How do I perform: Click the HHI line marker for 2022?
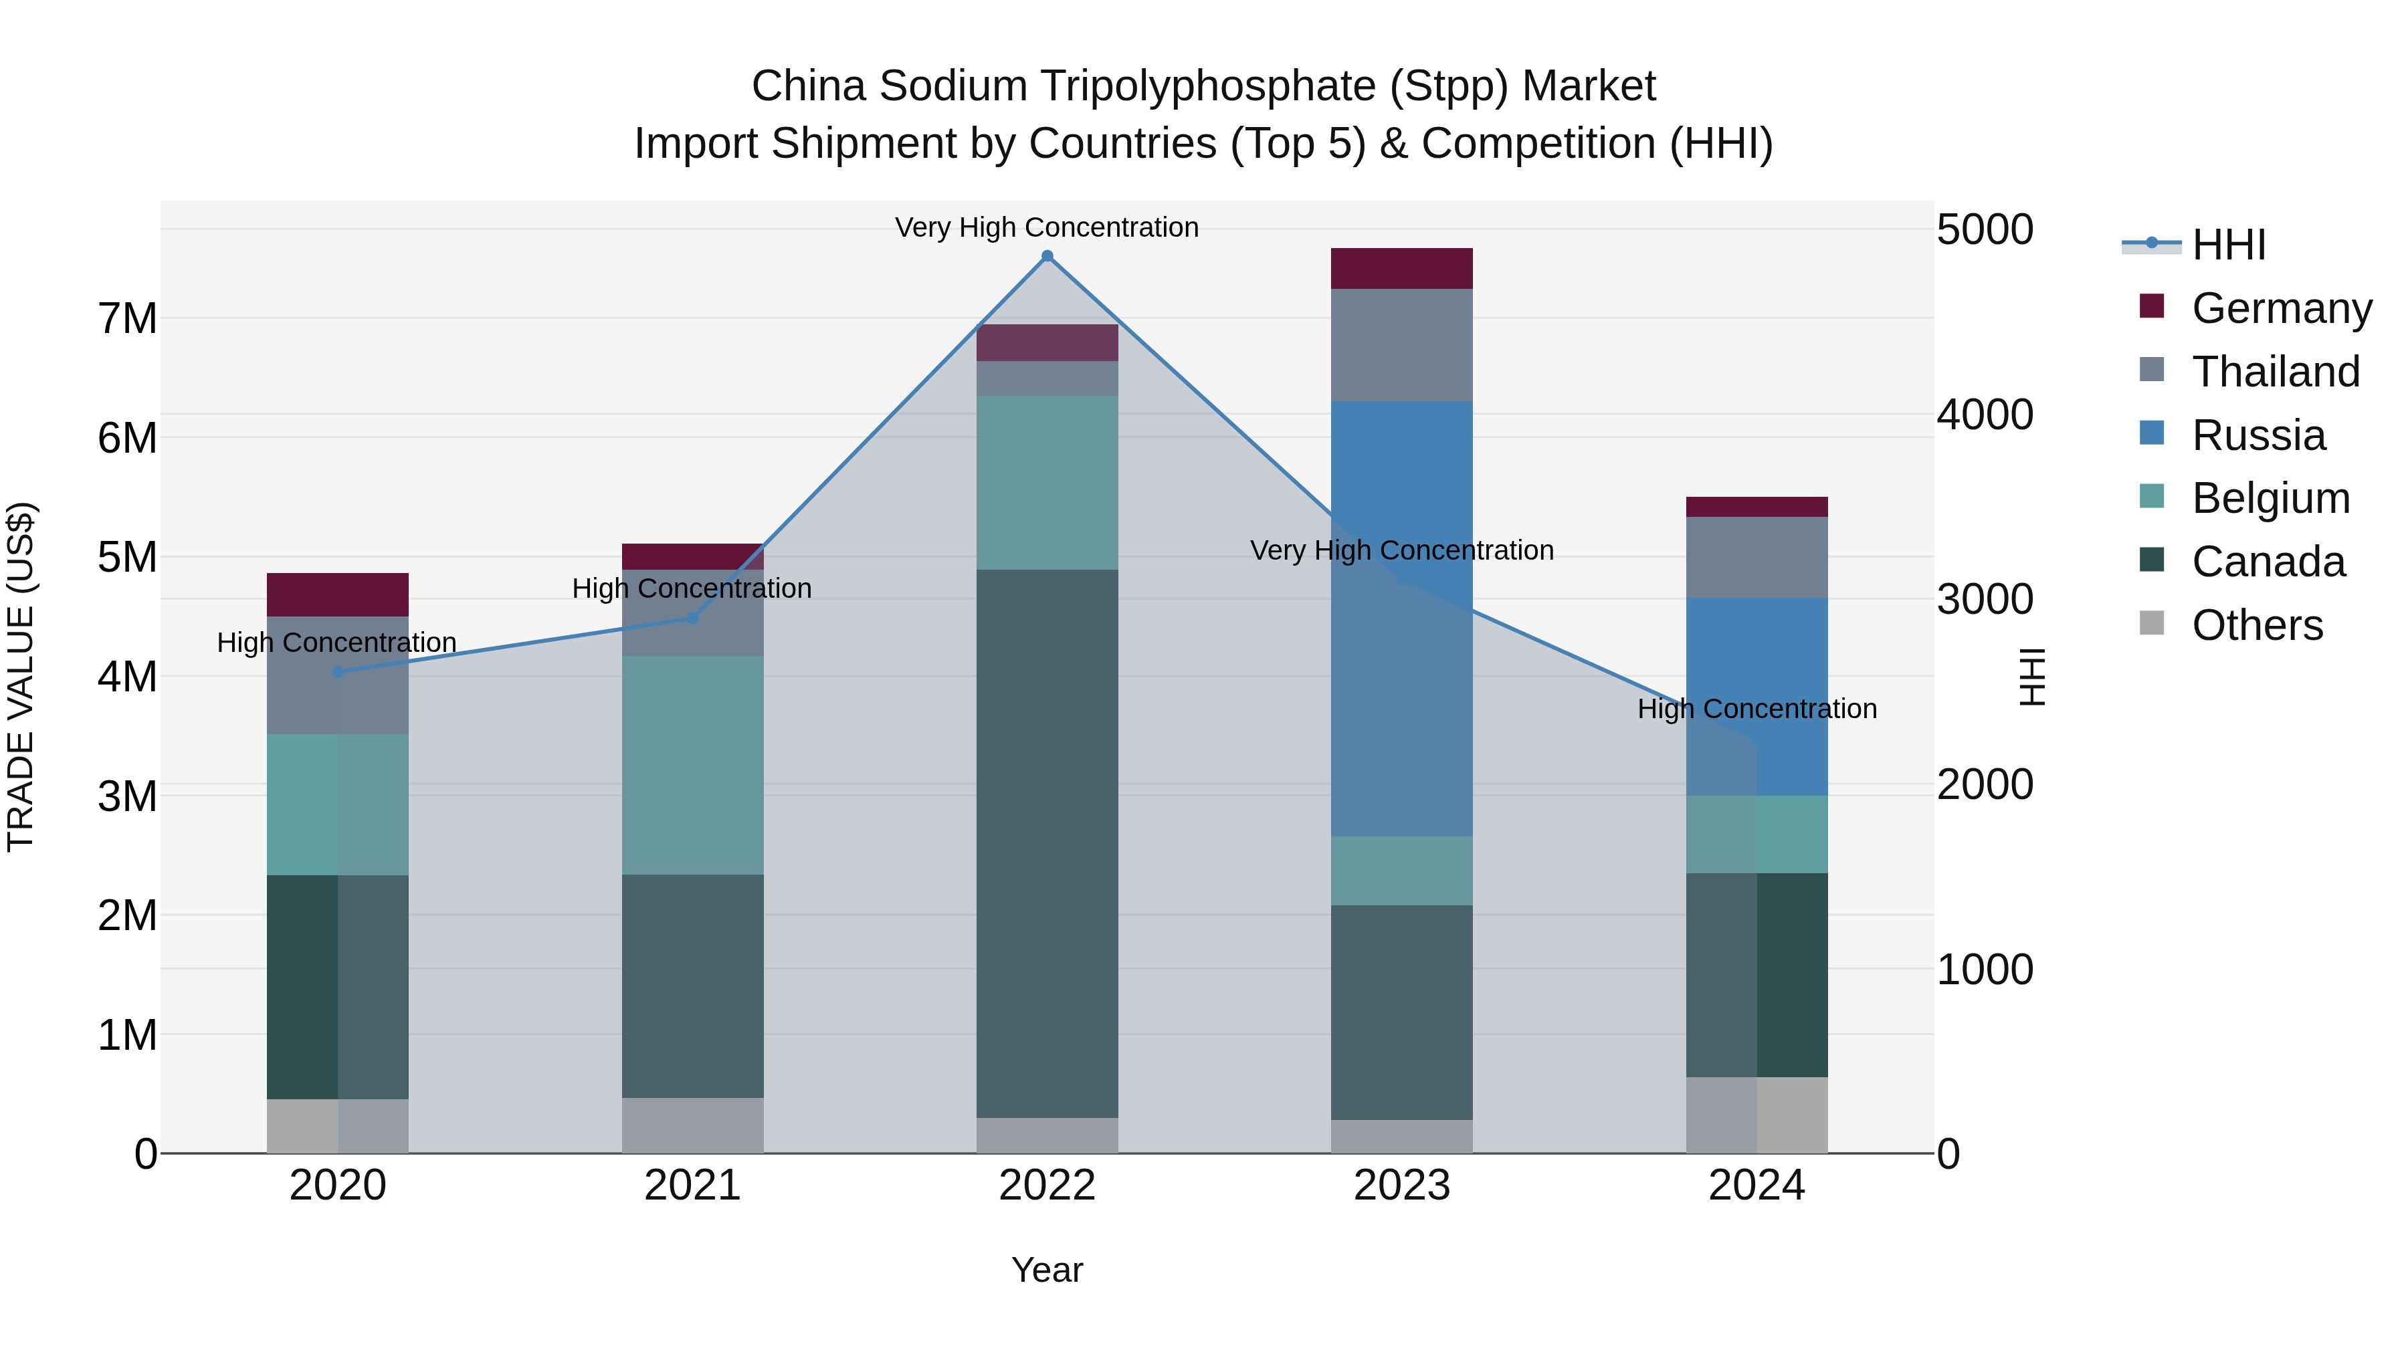pos(1047,256)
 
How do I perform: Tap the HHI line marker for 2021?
pos(693,618)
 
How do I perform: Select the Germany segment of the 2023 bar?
pos(1401,268)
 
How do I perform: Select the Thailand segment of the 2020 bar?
pos(338,675)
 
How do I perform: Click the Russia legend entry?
pos(2257,435)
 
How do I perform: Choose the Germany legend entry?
pos(2281,308)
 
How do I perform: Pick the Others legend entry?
pos(2257,625)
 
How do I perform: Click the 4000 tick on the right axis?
pos(1984,414)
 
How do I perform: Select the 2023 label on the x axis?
pos(1401,1186)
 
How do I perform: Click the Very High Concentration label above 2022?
pos(1047,227)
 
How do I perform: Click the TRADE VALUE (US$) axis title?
pos(21,677)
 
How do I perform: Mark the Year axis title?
pos(1047,1270)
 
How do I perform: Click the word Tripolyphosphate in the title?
pos(1208,86)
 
